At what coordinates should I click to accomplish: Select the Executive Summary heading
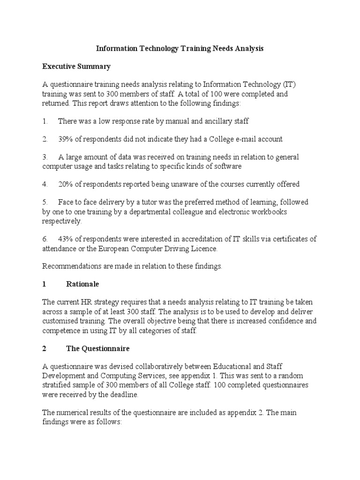coord(76,67)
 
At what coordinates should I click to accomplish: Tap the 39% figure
coord(66,139)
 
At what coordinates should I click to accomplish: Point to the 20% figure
coord(66,184)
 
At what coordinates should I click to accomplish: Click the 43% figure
coord(66,239)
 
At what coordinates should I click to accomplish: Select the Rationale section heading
coord(82,285)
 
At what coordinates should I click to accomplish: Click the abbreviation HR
coord(92,303)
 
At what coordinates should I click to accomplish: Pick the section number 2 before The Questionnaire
coord(44,349)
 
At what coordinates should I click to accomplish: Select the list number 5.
coord(45,202)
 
